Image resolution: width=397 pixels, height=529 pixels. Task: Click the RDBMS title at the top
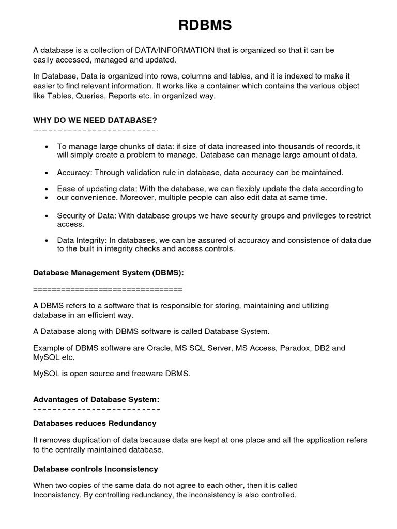[198, 25]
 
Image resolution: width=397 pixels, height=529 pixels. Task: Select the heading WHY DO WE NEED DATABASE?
[95, 120]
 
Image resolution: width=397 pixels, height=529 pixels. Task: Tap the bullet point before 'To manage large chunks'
[47, 147]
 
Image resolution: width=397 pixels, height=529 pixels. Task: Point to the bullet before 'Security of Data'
[47, 215]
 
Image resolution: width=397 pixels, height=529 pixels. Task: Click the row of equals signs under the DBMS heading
[108, 288]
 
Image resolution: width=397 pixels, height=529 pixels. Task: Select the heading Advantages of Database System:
[96, 399]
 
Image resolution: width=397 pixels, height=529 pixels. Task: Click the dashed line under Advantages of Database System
[96, 409]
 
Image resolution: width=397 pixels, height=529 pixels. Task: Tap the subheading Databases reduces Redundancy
[95, 423]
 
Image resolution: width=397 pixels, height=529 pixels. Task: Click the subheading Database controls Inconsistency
[96, 469]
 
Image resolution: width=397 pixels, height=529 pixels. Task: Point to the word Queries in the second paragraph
[93, 96]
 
